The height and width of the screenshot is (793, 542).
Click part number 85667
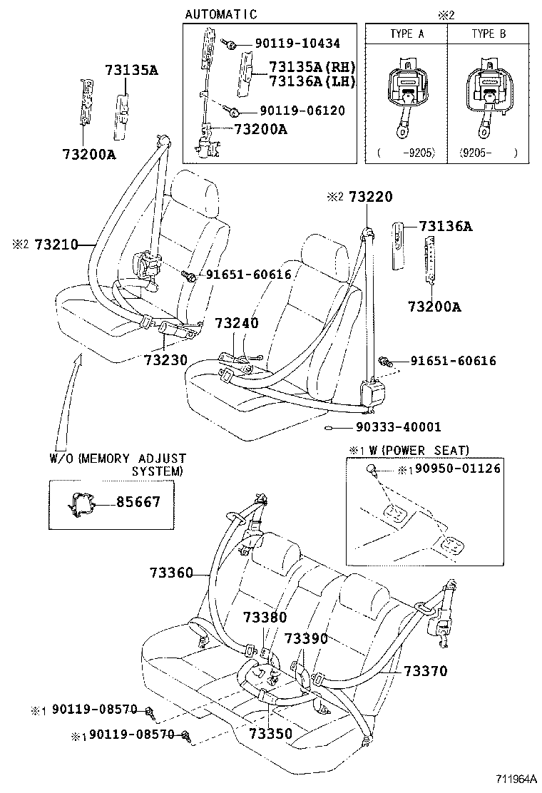138,502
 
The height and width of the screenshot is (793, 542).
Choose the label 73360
171,572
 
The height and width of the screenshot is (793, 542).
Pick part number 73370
425,671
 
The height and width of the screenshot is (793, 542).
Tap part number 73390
306,638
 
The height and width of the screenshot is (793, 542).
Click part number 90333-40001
398,427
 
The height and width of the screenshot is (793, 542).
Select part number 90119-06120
302,111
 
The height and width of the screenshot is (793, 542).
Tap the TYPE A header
406,34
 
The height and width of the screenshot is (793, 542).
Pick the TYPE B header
489,34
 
